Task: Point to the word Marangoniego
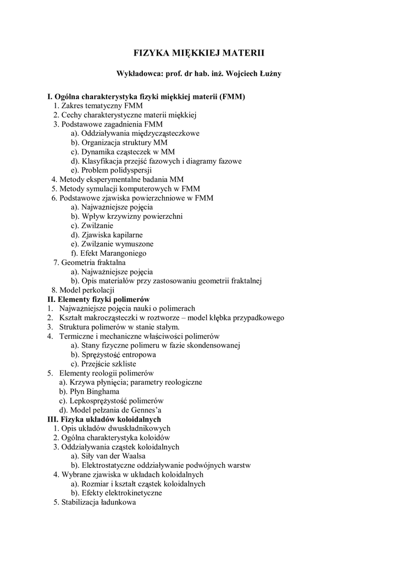121,253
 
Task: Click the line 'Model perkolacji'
82,290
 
